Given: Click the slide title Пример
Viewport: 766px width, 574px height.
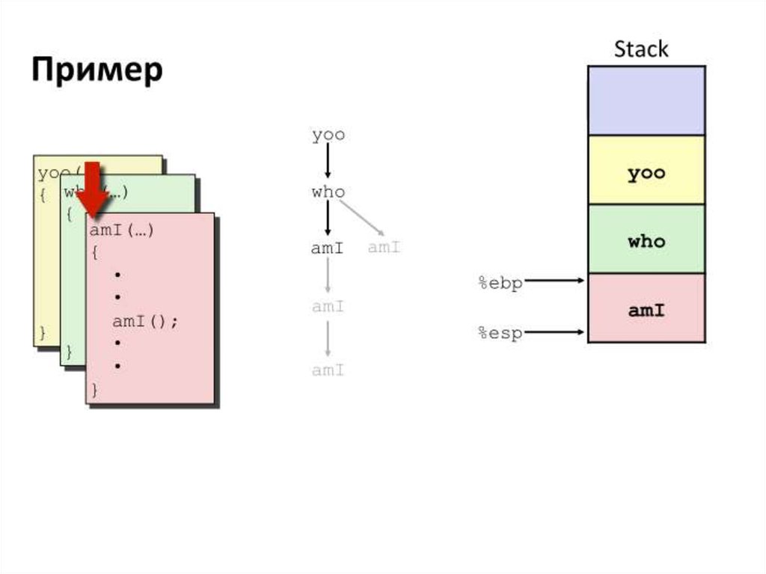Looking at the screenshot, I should tap(97, 71).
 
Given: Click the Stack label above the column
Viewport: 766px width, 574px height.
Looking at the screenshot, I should tap(641, 49).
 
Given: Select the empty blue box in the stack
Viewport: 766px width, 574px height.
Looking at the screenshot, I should tap(646, 100).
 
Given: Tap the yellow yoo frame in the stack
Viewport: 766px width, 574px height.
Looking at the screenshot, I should tap(646, 171).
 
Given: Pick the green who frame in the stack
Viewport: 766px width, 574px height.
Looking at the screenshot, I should tap(646, 240).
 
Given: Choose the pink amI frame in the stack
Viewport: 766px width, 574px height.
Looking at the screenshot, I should tap(646, 308).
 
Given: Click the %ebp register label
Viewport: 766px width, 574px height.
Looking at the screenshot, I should tap(500, 283).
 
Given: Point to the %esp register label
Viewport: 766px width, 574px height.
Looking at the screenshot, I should tap(500, 333).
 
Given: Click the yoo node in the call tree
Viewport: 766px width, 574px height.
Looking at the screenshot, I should tap(328, 135).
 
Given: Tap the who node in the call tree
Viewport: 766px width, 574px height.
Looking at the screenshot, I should tap(328, 192).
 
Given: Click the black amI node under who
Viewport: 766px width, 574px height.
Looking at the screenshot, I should tap(327, 248).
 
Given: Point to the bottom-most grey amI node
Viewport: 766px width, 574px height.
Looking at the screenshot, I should tap(328, 370).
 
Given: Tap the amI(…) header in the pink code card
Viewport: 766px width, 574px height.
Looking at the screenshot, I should tap(122, 230).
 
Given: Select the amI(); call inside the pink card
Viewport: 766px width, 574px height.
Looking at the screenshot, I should tap(146, 322).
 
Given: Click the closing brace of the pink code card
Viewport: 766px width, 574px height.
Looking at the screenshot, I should tap(94, 390).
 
